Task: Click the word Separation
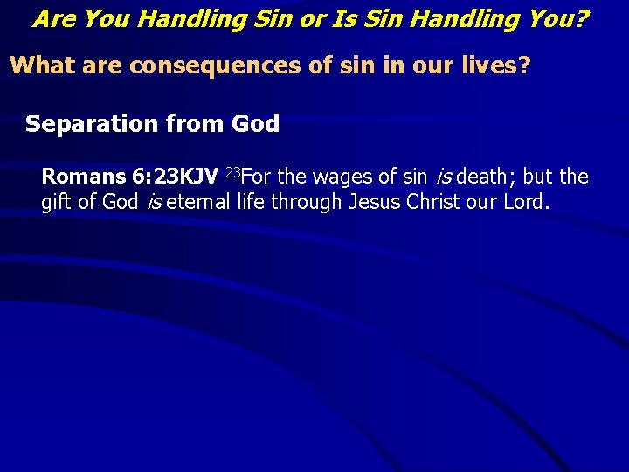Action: pos(92,124)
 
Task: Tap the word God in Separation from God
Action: pos(255,124)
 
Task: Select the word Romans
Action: pos(83,177)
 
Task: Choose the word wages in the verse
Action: pos(342,177)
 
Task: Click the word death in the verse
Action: pos(481,177)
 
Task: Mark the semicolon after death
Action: pos(511,178)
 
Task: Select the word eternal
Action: pos(197,203)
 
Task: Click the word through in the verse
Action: pos(310,203)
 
